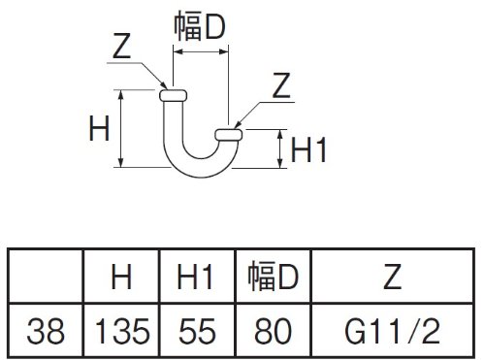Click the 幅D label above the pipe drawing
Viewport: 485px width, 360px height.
coord(200,26)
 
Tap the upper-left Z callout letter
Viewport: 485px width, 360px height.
coord(121,46)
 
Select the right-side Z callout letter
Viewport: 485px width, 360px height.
coord(281,85)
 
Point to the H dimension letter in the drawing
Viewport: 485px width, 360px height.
coord(99,128)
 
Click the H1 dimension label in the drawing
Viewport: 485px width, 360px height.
coord(308,149)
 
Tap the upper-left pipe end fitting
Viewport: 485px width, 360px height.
coord(173,95)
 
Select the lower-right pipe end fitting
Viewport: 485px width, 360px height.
coord(229,135)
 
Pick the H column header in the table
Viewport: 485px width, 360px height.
coord(121,277)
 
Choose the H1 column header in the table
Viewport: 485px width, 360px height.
coord(195,277)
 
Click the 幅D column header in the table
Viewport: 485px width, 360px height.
coord(273,277)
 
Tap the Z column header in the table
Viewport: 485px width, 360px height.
coord(392,277)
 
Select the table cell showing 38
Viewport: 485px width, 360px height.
coord(46,331)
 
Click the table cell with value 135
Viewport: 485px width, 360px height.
coord(122,331)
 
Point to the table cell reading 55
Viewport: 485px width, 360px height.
coord(197,331)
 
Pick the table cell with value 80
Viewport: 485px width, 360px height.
coord(274,331)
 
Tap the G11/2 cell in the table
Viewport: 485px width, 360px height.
coord(393,331)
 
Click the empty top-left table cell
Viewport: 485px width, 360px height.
coord(46,276)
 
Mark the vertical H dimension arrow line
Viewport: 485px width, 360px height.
coord(121,128)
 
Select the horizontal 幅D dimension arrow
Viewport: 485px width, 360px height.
coord(201,51)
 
